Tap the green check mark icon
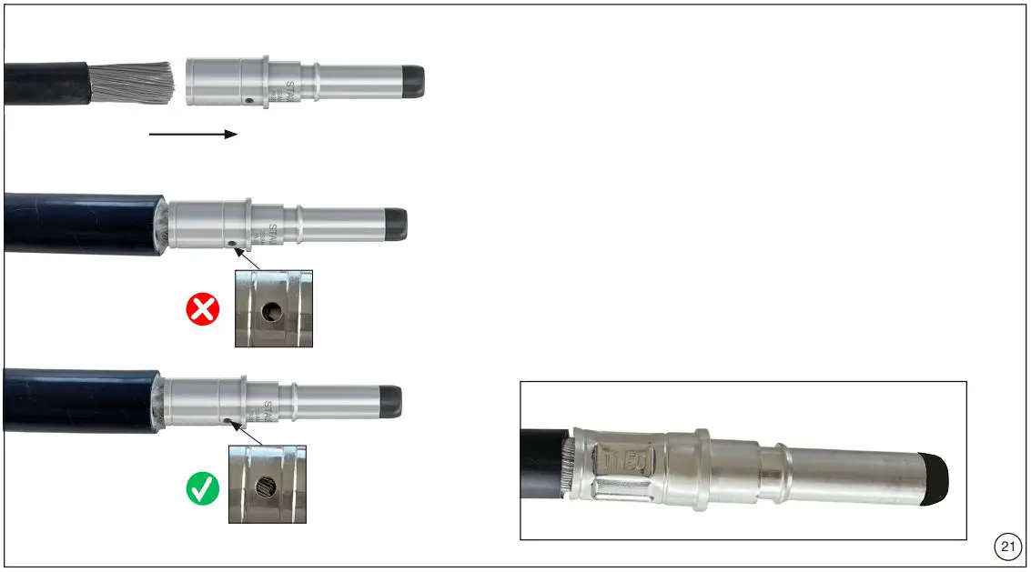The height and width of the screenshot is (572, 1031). (203, 489)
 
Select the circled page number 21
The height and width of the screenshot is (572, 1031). (1006, 547)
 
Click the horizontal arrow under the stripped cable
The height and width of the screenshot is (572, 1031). (193, 135)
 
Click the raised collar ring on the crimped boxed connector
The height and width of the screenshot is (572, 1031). (702, 461)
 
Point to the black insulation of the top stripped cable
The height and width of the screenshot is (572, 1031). (45, 83)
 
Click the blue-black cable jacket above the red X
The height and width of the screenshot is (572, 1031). (82, 223)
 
